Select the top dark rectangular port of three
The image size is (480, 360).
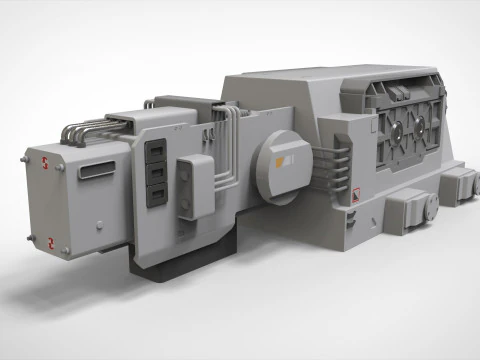[156, 150]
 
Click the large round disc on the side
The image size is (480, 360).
[284, 159]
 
